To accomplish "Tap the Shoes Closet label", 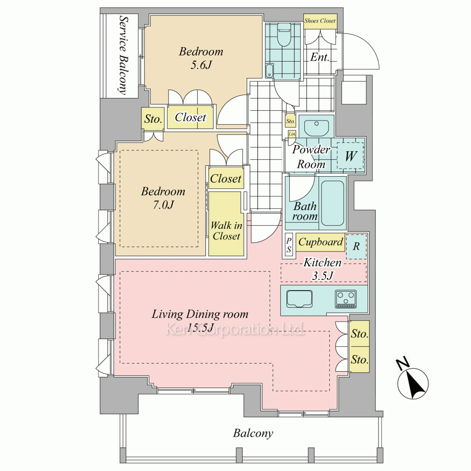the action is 320,21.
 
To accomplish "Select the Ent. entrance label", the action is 320,57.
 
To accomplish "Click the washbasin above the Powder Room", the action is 317,128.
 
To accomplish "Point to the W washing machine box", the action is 350,155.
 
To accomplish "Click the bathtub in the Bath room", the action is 332,203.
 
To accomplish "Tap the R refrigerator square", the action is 356,246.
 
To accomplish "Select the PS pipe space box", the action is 289,245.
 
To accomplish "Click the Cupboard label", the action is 320,242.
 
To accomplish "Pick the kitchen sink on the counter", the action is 299,299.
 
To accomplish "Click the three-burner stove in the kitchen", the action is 346,299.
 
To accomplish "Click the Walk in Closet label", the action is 226,231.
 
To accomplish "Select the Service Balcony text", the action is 123,55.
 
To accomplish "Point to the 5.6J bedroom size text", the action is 201,65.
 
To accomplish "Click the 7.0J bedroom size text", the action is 163,205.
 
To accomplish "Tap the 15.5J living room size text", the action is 200,327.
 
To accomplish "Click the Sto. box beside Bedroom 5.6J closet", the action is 153,119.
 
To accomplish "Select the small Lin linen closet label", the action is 292,134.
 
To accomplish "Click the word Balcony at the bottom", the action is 253,433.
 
